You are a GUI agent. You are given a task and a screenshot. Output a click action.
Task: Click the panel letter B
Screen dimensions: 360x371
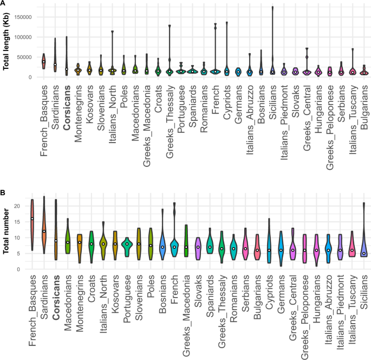pos(3,192)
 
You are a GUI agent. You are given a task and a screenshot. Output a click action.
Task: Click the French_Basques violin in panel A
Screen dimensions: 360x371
pos(44,61)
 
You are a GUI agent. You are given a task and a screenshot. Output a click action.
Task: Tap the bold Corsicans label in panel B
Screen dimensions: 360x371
pos(55,295)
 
